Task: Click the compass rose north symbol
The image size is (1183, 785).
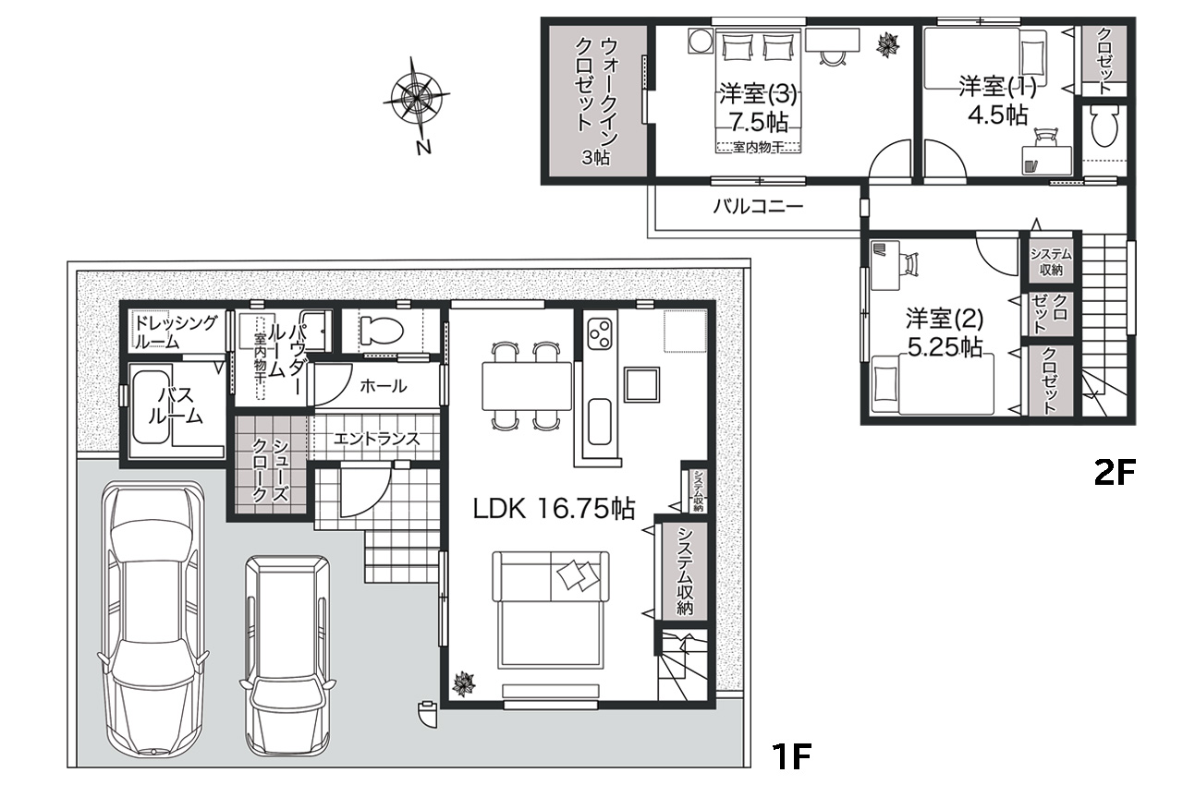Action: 417,104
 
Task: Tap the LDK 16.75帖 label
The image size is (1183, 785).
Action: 554,509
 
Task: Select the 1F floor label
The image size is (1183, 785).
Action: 790,756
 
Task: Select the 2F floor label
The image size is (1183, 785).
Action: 1115,473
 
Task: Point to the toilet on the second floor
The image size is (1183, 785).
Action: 1104,127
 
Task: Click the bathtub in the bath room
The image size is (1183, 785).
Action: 152,406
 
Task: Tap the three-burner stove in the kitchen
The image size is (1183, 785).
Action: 600,333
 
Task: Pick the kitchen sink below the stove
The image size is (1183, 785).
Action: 600,421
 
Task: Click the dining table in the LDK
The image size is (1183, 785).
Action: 527,386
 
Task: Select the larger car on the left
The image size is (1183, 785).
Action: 153,617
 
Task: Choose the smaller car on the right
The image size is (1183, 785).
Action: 287,655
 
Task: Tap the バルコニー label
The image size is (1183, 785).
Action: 758,206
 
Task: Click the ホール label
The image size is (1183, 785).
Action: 383,386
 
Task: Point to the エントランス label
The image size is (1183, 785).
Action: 376,439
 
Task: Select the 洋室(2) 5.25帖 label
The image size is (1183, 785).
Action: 945,332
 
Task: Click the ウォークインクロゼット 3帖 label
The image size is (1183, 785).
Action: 596,101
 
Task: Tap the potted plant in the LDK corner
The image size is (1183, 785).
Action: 464,684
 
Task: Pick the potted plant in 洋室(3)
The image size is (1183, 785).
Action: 888,44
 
